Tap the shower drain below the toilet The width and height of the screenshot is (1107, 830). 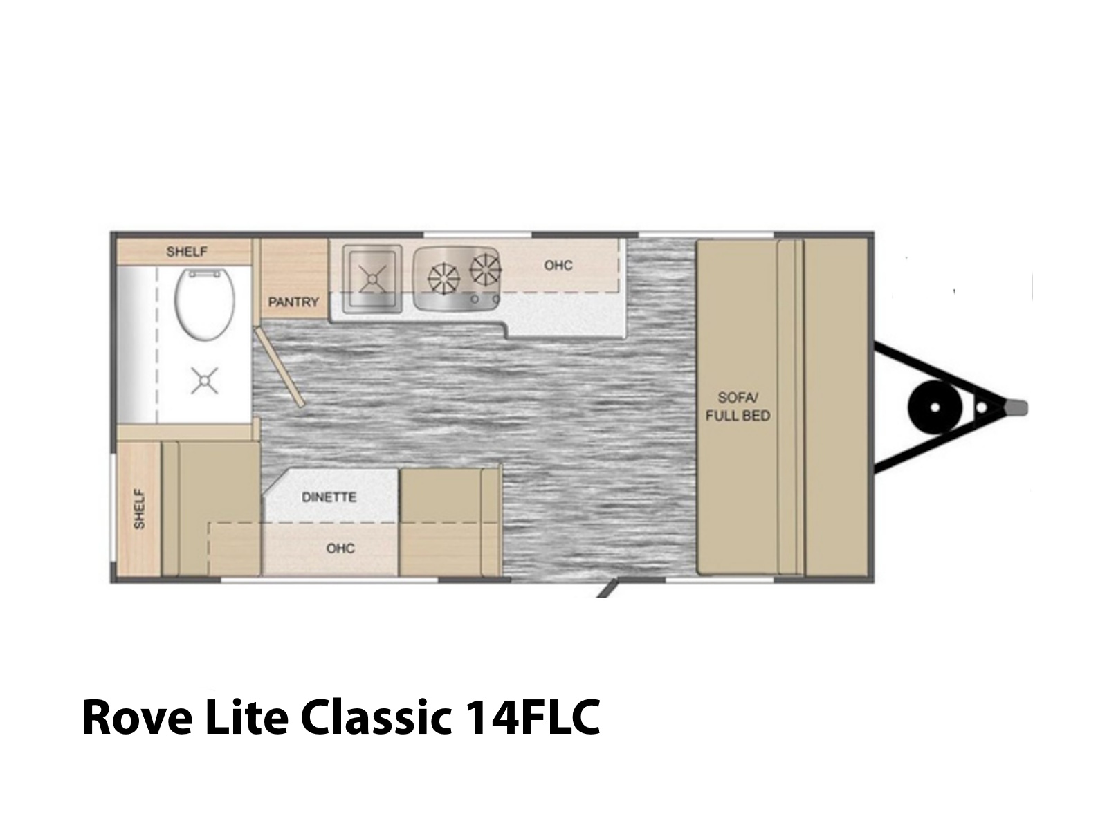[x=204, y=380]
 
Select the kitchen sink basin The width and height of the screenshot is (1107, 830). [x=372, y=279]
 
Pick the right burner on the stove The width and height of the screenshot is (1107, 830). [x=486, y=268]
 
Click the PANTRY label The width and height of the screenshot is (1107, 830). [x=293, y=302]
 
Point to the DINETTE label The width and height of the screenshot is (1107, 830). [x=329, y=497]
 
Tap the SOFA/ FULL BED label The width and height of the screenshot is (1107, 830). [x=738, y=407]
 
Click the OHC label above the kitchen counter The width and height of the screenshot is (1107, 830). [x=558, y=265]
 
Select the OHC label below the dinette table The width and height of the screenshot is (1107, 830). [x=340, y=548]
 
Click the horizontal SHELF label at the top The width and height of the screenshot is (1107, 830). [x=187, y=252]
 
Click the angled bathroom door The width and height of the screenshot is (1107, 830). [x=279, y=367]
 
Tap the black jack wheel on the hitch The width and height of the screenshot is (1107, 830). [x=935, y=407]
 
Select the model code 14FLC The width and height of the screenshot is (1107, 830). [x=533, y=717]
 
